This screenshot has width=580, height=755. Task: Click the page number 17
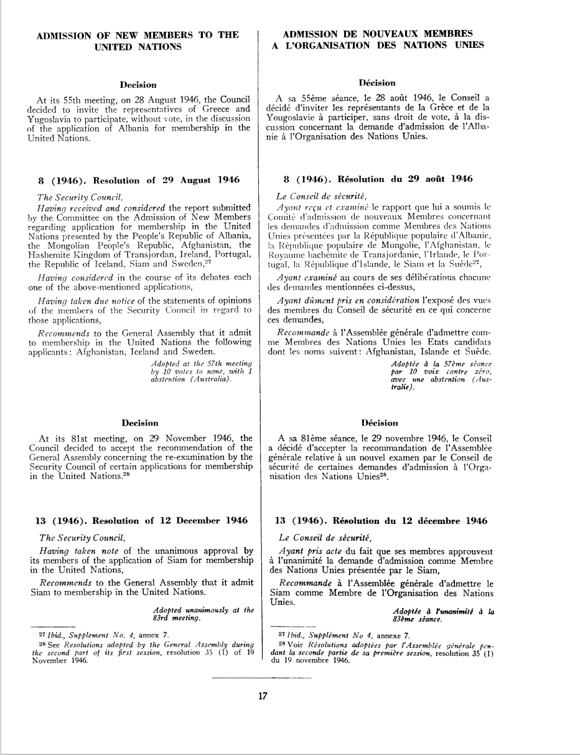tap(263, 696)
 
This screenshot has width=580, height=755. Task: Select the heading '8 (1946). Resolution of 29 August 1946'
tap(139, 181)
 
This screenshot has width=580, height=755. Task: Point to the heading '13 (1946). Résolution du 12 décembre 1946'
tap(381, 520)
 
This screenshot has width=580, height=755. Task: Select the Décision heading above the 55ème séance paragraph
tap(378, 83)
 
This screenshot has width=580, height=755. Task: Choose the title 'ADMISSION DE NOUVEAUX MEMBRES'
tap(377, 34)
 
